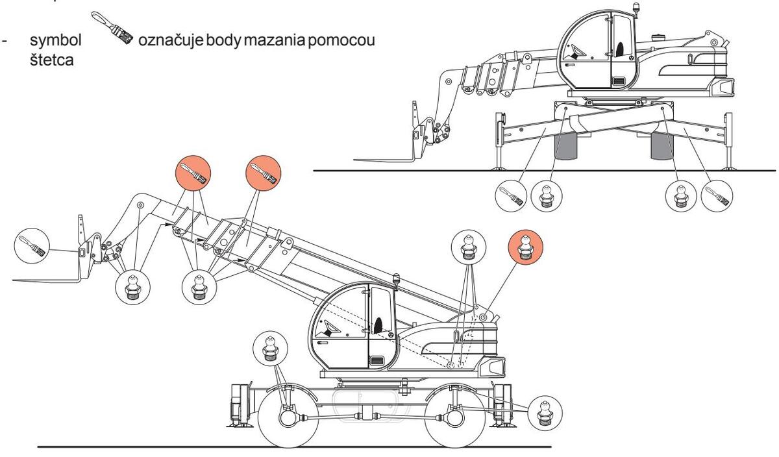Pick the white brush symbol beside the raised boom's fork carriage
[32, 245]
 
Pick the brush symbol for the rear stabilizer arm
[717, 195]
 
